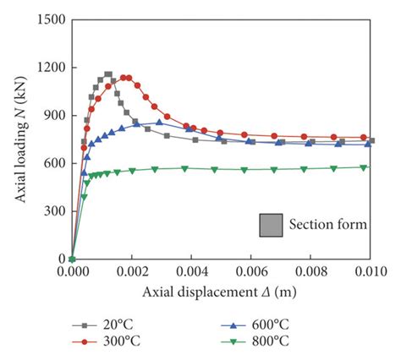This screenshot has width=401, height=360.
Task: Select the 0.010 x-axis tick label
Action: [371, 273]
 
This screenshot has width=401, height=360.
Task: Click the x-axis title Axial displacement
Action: [216, 292]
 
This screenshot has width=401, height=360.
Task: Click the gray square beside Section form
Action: [272, 224]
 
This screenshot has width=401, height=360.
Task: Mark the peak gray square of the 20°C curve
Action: [107, 75]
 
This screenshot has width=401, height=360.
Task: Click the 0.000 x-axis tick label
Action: [72, 273]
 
